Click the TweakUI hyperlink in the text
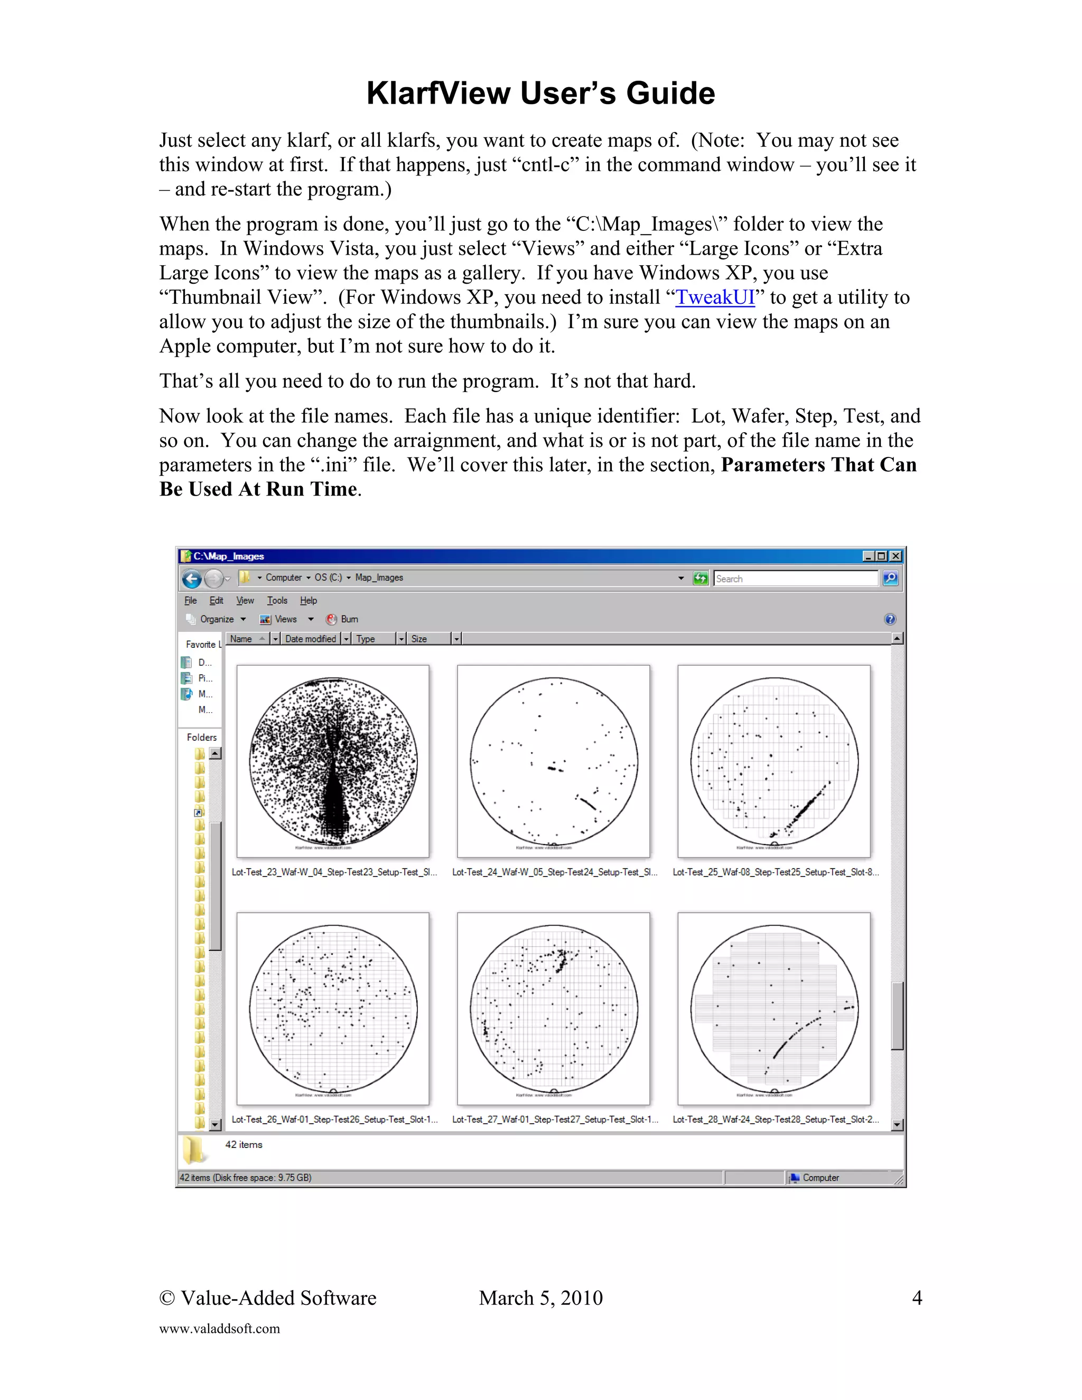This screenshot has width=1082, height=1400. click(x=715, y=297)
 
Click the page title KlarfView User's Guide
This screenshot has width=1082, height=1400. click(x=540, y=93)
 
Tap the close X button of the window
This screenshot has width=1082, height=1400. click(x=896, y=556)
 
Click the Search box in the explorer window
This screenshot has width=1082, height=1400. click(x=795, y=578)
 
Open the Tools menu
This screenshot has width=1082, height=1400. click(x=277, y=601)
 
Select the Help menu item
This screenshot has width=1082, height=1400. click(x=309, y=601)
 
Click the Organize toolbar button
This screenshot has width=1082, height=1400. click(x=216, y=619)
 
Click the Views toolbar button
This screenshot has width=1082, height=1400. click(x=285, y=619)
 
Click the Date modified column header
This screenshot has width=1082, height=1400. click(x=311, y=639)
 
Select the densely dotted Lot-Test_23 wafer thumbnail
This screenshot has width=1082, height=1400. click(x=333, y=761)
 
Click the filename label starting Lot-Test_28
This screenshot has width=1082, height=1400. click(x=776, y=1119)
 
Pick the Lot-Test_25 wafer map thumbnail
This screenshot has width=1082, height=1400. click(x=773, y=761)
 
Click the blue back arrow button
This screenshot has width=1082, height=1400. click(x=192, y=579)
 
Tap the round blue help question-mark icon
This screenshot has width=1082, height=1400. click(x=890, y=619)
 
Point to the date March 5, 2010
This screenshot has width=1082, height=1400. click(x=540, y=1298)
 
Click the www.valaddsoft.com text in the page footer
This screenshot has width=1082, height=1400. click(x=219, y=1329)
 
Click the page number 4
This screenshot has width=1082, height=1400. click(x=917, y=1298)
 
